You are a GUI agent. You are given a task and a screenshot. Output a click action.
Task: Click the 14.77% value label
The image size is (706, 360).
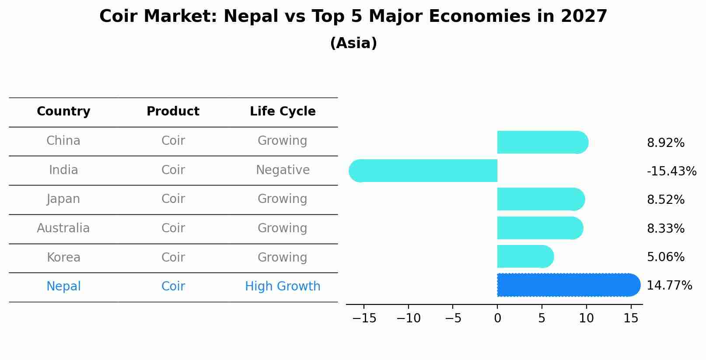pyautogui.click(x=669, y=286)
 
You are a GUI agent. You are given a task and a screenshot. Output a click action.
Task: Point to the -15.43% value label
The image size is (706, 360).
pyautogui.click(x=671, y=171)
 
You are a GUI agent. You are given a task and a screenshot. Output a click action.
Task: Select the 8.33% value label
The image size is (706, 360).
pyautogui.click(x=665, y=228)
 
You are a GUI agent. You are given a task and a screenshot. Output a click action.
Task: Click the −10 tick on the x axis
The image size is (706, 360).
pyautogui.click(x=408, y=318)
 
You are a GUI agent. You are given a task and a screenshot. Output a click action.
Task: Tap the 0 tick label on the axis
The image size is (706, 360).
pyautogui.click(x=497, y=318)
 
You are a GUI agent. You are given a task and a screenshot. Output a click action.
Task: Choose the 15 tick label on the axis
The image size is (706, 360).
pyautogui.click(x=630, y=318)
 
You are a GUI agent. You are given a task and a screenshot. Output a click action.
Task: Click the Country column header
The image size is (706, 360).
pyautogui.click(x=63, y=112)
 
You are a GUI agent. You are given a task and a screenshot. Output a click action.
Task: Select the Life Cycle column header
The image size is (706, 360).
pyautogui.click(x=283, y=112)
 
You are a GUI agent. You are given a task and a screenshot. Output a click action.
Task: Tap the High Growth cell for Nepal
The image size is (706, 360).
pyautogui.click(x=283, y=287)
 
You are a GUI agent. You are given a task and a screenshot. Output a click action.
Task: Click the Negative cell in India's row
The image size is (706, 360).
pyautogui.click(x=283, y=170)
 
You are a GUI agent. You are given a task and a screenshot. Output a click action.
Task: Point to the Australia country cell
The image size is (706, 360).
pyautogui.click(x=63, y=228)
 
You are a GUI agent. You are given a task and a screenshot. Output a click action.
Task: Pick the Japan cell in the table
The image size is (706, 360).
pyautogui.click(x=63, y=199)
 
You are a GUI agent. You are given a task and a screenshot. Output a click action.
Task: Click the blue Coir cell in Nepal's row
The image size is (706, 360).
pyautogui.click(x=173, y=287)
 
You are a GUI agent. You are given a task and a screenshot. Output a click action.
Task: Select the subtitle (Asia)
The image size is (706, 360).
pyautogui.click(x=353, y=43)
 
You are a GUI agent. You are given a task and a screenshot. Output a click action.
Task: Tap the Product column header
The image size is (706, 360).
pyautogui.click(x=173, y=112)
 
